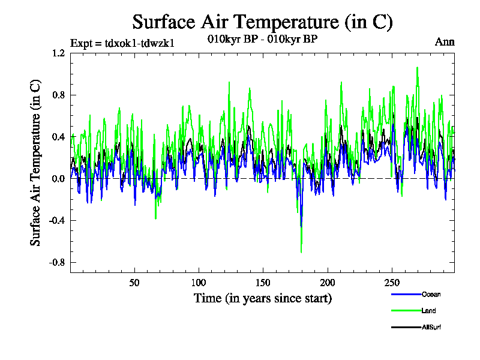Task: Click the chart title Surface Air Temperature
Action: coord(262,22)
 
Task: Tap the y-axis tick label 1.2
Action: coord(58,53)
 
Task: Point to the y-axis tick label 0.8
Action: coord(58,95)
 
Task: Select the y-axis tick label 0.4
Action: coord(58,137)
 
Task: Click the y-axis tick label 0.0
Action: coord(58,179)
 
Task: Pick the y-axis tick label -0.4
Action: coord(56,221)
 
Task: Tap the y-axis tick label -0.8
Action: coord(56,263)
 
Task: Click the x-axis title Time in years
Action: coord(262,298)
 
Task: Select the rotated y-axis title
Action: coord(36,162)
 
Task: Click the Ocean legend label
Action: coord(430,295)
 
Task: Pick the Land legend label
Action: coord(428,311)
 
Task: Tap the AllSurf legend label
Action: coord(431,327)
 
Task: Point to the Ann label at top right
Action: coord(445,42)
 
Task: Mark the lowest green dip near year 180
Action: coord(301,252)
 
